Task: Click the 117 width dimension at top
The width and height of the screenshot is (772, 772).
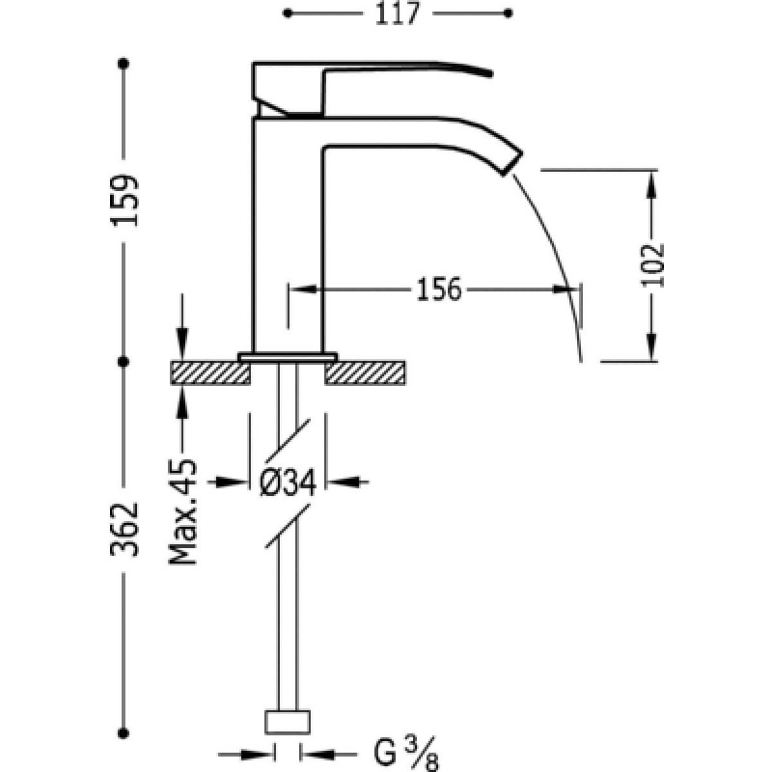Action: tap(398, 14)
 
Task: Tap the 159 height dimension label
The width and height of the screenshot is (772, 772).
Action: tap(124, 201)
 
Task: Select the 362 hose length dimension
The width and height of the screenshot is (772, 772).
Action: tap(124, 529)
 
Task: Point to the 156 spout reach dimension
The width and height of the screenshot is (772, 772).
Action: tap(439, 289)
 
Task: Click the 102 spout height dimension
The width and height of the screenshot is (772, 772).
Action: tap(652, 264)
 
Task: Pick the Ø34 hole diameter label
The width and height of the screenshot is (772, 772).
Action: tap(288, 482)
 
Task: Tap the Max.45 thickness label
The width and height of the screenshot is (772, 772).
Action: tap(182, 511)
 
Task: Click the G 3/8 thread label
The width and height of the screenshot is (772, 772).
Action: tap(406, 754)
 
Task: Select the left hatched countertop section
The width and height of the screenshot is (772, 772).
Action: tap(210, 373)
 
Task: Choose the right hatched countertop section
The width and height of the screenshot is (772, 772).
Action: tap(365, 373)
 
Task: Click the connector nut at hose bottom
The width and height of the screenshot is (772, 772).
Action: tap(288, 722)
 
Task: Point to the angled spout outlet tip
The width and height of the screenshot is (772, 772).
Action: tap(512, 161)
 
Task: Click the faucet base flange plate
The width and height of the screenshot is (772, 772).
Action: tap(288, 357)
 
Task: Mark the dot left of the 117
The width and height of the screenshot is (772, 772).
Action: tap(288, 14)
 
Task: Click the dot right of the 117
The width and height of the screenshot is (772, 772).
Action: tap(509, 14)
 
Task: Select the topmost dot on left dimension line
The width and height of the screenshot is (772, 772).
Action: tap(124, 64)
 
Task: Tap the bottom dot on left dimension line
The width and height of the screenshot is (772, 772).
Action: tap(124, 733)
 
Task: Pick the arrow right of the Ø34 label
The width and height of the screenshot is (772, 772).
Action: tap(347, 482)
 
